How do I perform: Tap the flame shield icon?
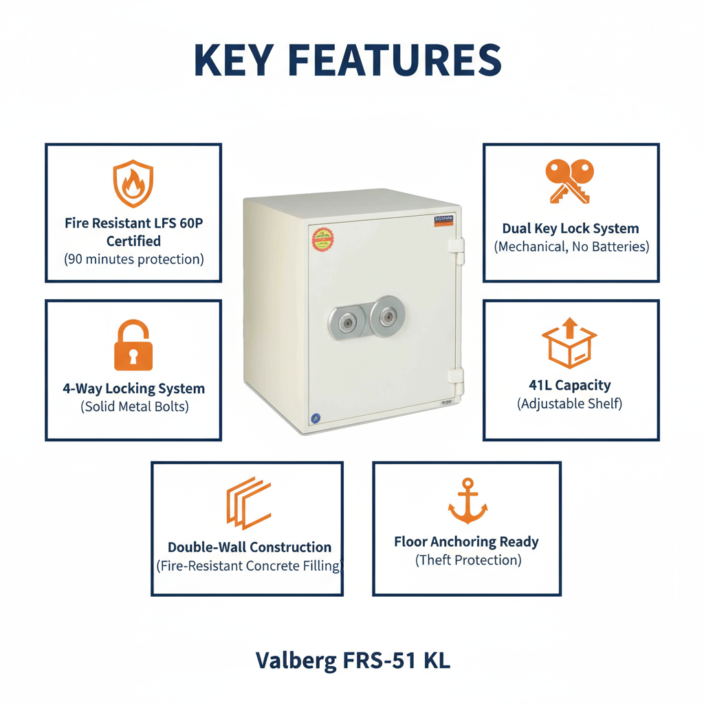pyautogui.click(x=133, y=184)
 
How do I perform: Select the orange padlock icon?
pyautogui.click(x=133, y=346)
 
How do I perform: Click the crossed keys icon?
pyautogui.click(x=570, y=181)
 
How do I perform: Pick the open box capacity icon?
pyautogui.click(x=569, y=343)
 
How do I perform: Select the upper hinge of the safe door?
pyautogui.click(x=456, y=251)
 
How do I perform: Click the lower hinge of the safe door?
pyautogui.click(x=455, y=377)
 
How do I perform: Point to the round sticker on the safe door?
pyautogui.click(x=322, y=239)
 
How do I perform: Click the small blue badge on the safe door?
pyautogui.click(x=316, y=417)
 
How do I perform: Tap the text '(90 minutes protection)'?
pyautogui.click(x=134, y=260)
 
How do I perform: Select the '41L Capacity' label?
pyautogui.click(x=570, y=386)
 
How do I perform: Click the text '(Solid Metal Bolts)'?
pyautogui.click(x=134, y=406)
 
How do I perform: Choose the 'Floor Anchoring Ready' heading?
pyautogui.click(x=467, y=542)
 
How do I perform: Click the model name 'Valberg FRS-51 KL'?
pyautogui.click(x=353, y=661)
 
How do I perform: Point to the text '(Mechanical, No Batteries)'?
pyautogui.click(x=571, y=247)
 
